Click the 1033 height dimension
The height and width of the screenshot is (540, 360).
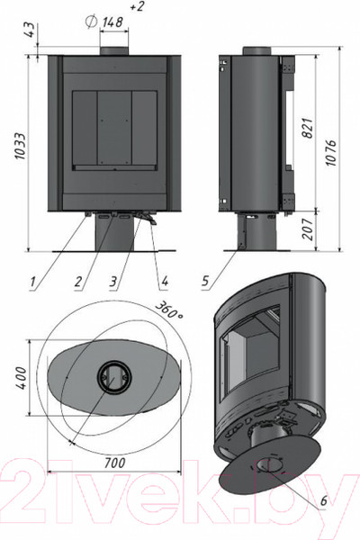pyautogui.click(x=21, y=146)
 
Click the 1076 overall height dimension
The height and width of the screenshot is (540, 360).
pyautogui.click(x=330, y=152)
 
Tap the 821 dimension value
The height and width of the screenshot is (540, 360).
pyautogui.click(x=309, y=129)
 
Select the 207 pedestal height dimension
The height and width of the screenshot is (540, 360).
pyautogui.click(x=308, y=229)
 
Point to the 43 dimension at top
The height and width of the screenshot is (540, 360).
pyautogui.click(x=31, y=30)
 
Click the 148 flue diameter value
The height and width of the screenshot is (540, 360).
pyautogui.click(x=112, y=22)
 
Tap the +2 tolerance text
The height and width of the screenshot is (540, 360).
pyautogui.click(x=138, y=6)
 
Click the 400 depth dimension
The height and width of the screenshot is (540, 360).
pyautogui.click(x=22, y=378)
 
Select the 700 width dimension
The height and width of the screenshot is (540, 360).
pyautogui.click(x=114, y=463)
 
